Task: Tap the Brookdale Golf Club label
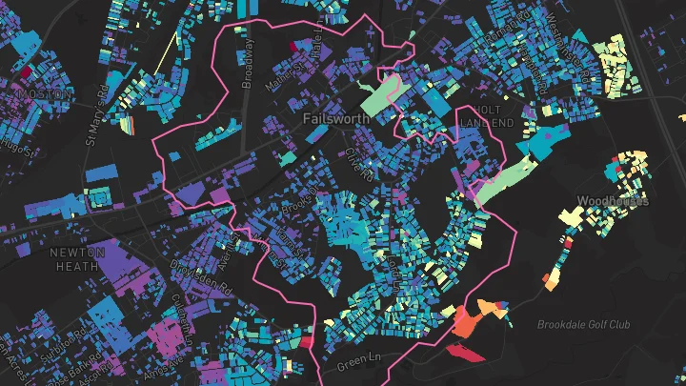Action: pos(583,325)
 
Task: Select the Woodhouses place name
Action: pos(613,201)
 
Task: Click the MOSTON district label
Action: pos(43,95)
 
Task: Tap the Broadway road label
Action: pos(249,63)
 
